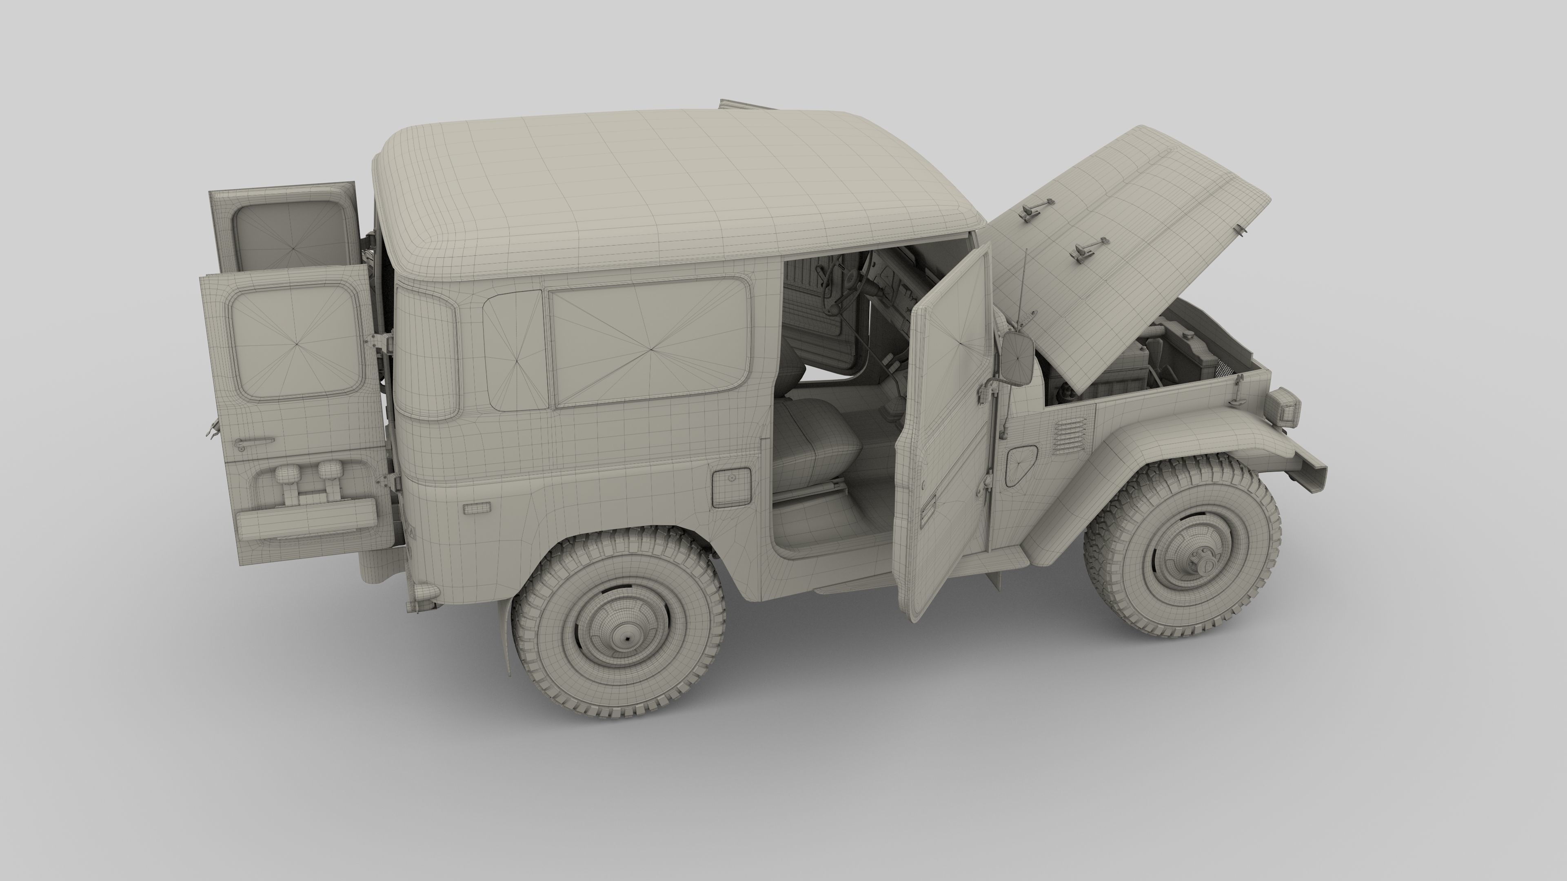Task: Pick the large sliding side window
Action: tap(650, 342)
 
